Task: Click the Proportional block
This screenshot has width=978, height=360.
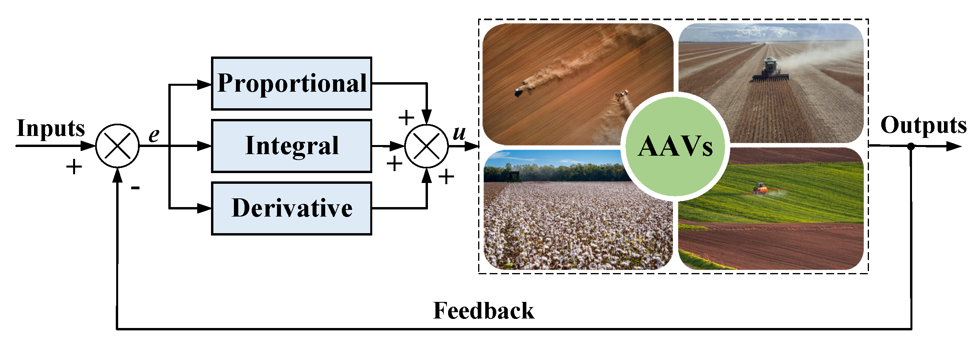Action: click(292, 83)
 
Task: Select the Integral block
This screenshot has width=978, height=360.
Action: click(292, 146)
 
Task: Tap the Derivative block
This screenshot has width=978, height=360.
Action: click(292, 208)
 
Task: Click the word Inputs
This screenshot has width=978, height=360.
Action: click(51, 128)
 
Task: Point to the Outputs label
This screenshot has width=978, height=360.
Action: click(923, 125)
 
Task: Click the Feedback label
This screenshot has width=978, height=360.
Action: click(484, 311)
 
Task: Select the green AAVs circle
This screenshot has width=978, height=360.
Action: click(675, 147)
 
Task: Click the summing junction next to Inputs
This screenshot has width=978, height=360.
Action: click(117, 146)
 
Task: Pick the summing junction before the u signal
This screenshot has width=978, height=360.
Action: click(426, 146)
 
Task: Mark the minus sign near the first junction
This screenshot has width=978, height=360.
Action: click(135, 188)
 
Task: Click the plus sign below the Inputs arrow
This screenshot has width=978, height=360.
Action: click(74, 167)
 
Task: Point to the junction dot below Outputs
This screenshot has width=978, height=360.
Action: click(911, 146)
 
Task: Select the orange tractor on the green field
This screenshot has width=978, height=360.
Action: click(759, 188)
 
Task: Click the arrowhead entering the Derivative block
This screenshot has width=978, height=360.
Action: click(205, 208)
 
